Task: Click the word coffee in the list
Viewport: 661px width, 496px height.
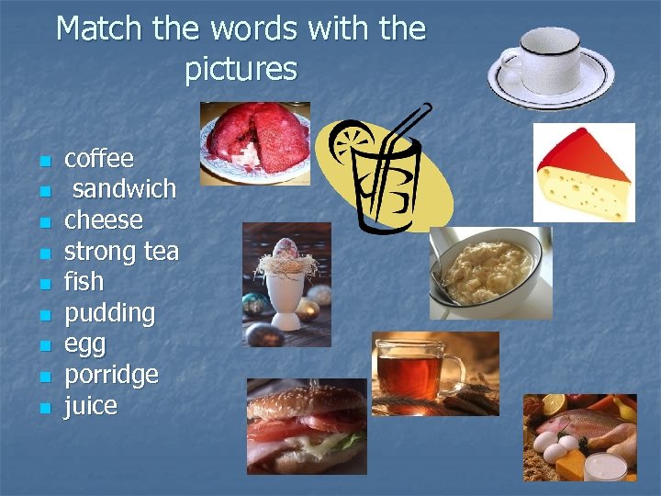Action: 99,159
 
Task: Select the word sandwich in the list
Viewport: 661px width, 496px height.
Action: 124,189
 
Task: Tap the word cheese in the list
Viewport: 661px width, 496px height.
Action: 104,220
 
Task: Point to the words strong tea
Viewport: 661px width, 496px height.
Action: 121,251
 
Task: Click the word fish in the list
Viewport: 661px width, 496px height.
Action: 84,281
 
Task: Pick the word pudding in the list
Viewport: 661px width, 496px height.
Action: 110,313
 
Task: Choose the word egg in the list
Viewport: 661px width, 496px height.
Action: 84,345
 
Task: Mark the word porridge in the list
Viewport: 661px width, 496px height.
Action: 111,376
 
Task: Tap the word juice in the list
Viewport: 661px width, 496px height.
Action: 91,406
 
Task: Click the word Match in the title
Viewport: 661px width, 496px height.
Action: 100,28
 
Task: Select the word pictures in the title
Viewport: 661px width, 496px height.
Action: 241,69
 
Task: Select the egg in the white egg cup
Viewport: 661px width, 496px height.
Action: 285,254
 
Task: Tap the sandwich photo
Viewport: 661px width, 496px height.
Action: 306,425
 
